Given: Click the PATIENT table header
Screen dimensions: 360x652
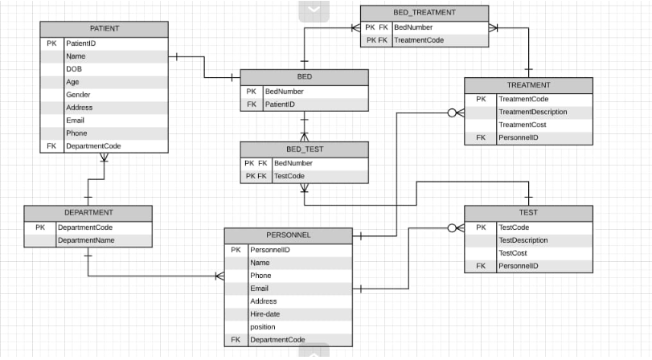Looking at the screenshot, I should click(x=105, y=28).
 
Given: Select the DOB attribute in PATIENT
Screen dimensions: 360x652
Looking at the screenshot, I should click(x=74, y=69).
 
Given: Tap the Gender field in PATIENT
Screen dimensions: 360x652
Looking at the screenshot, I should click(x=78, y=95).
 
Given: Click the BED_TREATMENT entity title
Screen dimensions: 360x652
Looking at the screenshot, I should click(x=424, y=12).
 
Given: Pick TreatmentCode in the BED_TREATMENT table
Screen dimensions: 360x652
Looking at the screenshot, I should click(x=419, y=40).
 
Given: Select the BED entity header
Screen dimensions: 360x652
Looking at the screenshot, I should click(x=304, y=77).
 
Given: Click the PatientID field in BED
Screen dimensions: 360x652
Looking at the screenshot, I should click(x=280, y=104).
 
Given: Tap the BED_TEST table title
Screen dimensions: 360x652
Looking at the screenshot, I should click(x=304, y=149).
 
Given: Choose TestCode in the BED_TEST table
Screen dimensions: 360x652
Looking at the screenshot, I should click(x=289, y=176).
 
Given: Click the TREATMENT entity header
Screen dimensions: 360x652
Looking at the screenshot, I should click(x=528, y=85).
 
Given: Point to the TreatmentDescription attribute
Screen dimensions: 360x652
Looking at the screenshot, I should click(x=533, y=112).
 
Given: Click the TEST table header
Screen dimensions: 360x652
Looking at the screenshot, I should click(x=528, y=213).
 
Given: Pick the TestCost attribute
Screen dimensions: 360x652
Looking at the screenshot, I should click(x=513, y=253).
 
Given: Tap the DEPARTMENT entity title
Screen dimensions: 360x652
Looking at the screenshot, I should click(x=88, y=213).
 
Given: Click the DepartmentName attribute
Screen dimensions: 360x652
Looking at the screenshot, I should click(x=85, y=240).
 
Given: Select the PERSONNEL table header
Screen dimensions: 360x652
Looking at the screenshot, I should click(x=288, y=235).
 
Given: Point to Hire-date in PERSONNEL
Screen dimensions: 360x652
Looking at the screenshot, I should click(x=265, y=314).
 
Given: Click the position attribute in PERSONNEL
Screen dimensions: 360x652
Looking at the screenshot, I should click(x=263, y=327).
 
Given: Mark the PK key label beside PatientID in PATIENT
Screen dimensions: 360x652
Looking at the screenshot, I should click(x=51, y=43).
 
